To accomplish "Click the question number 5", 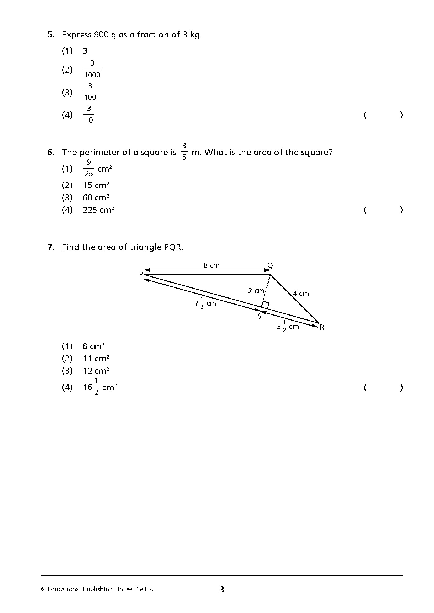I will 51,35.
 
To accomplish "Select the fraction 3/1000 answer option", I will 92,69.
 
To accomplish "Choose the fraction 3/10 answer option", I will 89,115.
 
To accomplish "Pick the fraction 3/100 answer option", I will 90,92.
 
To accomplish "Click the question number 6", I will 51,153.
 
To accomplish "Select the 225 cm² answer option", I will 98,210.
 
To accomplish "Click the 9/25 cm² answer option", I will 97,169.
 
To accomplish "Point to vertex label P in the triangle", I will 141,274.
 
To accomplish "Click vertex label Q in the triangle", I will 270,265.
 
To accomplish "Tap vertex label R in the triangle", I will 322,327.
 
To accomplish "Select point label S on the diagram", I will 259,317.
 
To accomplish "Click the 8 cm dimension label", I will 211,265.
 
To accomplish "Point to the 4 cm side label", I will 301,294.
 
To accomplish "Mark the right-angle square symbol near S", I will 265,305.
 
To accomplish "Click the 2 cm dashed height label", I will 256,291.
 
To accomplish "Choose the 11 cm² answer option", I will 96,359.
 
